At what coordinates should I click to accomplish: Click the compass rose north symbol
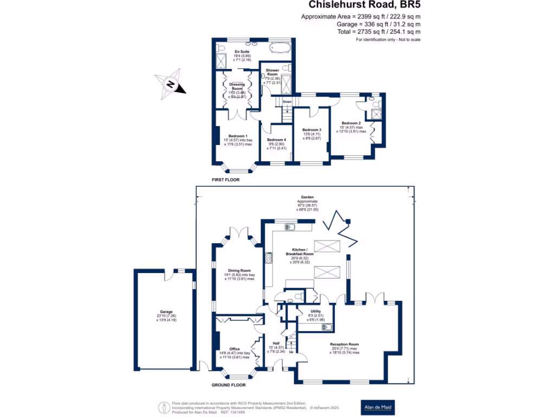tap(170, 85)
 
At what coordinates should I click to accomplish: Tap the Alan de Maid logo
tap(378, 407)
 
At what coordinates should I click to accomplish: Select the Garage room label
tap(158, 312)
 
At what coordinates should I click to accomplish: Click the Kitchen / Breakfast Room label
tap(300, 251)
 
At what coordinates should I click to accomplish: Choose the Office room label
tap(234, 349)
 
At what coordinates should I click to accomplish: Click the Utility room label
tap(308, 312)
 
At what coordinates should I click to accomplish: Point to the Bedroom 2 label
tap(351, 123)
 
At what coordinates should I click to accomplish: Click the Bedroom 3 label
tap(312, 130)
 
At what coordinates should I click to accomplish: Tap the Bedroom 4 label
tap(276, 140)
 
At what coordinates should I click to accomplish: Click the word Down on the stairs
tap(287, 102)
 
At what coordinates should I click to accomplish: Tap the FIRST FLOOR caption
tap(225, 179)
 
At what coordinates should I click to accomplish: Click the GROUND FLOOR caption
tap(228, 384)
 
